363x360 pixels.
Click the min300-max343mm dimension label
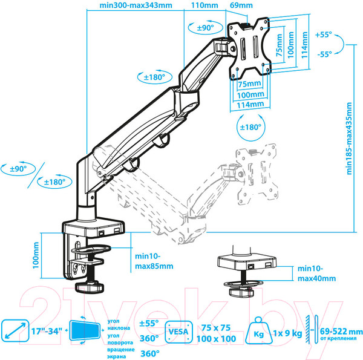tap(135, 7)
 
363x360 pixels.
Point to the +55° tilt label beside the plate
tap(324, 35)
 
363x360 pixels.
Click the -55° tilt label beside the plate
tap(324, 54)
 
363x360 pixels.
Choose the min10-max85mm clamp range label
tap(152, 260)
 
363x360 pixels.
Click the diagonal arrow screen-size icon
tap(14, 332)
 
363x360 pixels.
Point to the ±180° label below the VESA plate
tap(249, 127)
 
